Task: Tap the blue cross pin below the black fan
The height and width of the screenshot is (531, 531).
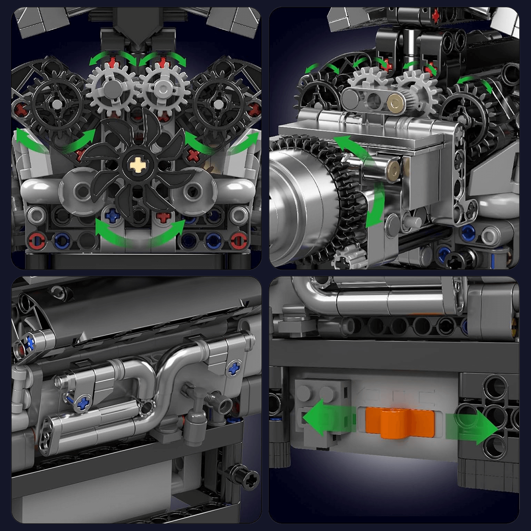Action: pos(113,215)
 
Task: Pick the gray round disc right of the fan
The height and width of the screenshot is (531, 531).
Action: pos(193,191)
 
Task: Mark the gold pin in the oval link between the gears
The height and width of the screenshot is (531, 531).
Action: pos(394,103)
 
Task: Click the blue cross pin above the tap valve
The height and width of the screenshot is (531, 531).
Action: pos(233,369)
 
